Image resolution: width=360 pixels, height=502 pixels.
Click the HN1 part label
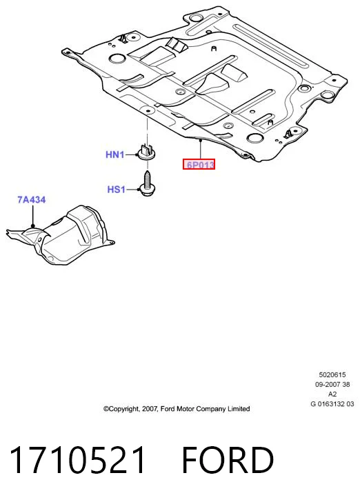tap(114, 154)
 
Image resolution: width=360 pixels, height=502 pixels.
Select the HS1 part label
tap(116, 190)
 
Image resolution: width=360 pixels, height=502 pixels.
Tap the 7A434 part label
tap(32, 200)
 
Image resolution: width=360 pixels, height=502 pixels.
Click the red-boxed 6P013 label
tap(199, 165)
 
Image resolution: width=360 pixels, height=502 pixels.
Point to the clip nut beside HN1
tap(147, 152)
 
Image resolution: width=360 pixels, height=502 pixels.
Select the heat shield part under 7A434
tap(60, 235)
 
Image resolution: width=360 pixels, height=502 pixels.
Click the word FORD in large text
tap(228, 460)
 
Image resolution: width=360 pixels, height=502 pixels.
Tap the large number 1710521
tap(77, 460)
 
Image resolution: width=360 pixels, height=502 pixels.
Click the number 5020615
tap(332, 374)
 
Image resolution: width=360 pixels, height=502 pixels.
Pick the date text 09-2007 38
tap(332, 384)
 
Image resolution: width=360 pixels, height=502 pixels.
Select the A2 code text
tap(332, 394)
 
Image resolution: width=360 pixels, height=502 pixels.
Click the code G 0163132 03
tap(332, 403)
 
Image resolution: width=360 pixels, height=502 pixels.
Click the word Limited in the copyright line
tap(239, 409)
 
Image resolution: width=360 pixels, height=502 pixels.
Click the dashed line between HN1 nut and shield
tap(147, 130)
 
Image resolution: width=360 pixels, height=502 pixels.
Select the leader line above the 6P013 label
tap(200, 149)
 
